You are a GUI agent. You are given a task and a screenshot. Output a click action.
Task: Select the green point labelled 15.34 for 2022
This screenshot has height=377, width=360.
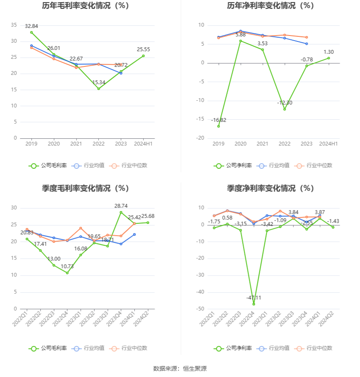point(99,89)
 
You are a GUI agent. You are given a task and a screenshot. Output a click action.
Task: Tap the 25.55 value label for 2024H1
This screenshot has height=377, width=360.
point(144,50)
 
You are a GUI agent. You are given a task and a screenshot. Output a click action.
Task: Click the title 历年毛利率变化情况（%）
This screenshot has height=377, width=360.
point(86,6)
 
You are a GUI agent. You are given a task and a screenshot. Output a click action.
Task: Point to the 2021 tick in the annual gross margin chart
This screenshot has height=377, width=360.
point(76,144)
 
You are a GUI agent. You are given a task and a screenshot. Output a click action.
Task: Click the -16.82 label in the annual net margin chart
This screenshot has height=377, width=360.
point(219,120)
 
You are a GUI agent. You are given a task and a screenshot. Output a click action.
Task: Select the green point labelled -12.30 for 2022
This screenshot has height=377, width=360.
point(285,109)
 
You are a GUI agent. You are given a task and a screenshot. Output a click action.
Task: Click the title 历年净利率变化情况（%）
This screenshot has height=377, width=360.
point(270,6)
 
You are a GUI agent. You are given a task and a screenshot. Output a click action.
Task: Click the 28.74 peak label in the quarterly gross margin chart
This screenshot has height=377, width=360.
point(121,206)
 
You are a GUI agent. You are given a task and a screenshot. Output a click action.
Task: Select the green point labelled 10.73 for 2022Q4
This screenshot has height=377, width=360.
point(67,273)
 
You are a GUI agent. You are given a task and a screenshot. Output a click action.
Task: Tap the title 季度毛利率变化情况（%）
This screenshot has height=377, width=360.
point(86,188)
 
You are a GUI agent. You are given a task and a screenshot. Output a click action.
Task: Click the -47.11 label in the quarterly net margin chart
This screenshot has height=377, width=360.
point(254,298)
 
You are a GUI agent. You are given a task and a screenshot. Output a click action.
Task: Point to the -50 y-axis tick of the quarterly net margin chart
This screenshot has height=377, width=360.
point(199,309)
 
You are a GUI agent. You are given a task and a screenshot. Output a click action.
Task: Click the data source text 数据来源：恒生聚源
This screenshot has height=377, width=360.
point(180,369)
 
